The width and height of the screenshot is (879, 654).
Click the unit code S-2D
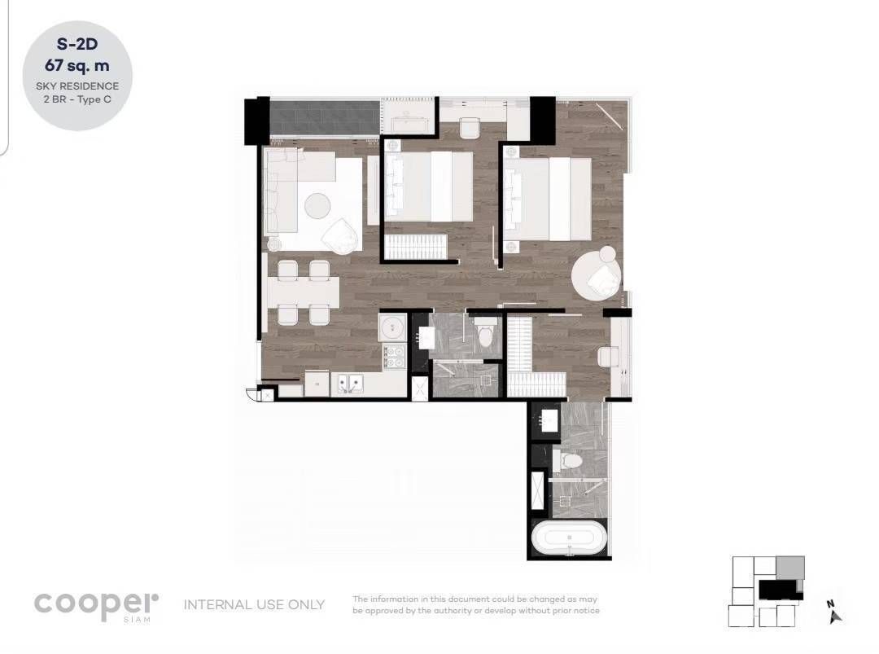click(77, 44)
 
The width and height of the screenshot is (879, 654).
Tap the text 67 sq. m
click(77, 66)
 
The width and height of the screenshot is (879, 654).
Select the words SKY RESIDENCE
click(77, 86)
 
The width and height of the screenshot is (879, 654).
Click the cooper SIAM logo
click(96, 606)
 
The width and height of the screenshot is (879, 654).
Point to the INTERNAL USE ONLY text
click(255, 604)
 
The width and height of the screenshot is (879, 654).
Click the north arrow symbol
click(834, 612)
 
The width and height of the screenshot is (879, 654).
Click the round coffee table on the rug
click(318, 206)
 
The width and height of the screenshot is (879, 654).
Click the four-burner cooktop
click(394, 357)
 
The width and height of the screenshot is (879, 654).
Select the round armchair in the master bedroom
click(597, 274)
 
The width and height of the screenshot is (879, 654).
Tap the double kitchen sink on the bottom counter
click(350, 384)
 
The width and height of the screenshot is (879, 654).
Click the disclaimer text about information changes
click(476, 604)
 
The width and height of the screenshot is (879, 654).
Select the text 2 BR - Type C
click(77, 100)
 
